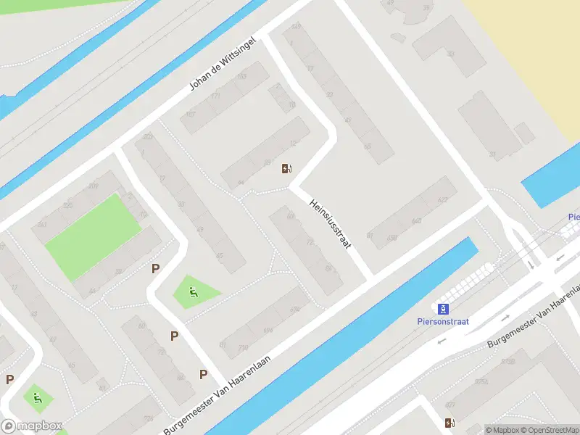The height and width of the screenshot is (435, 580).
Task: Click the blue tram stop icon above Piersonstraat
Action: (442, 309)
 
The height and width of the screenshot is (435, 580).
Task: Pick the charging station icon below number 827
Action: (450, 423)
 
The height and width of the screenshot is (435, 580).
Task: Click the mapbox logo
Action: (31, 426)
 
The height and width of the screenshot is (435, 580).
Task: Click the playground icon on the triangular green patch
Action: (193, 293)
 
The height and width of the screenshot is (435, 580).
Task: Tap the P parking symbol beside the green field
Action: (155, 268)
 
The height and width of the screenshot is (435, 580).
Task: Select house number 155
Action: (241, 75)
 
